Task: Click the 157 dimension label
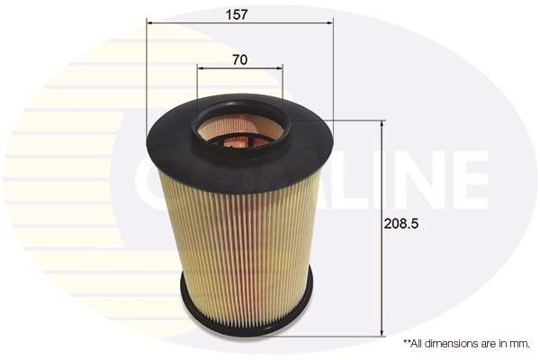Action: click(x=237, y=15)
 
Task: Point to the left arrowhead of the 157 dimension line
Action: click(x=148, y=25)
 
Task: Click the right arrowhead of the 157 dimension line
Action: click(x=330, y=25)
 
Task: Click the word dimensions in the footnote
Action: click(x=451, y=344)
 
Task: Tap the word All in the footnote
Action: click(x=420, y=344)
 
